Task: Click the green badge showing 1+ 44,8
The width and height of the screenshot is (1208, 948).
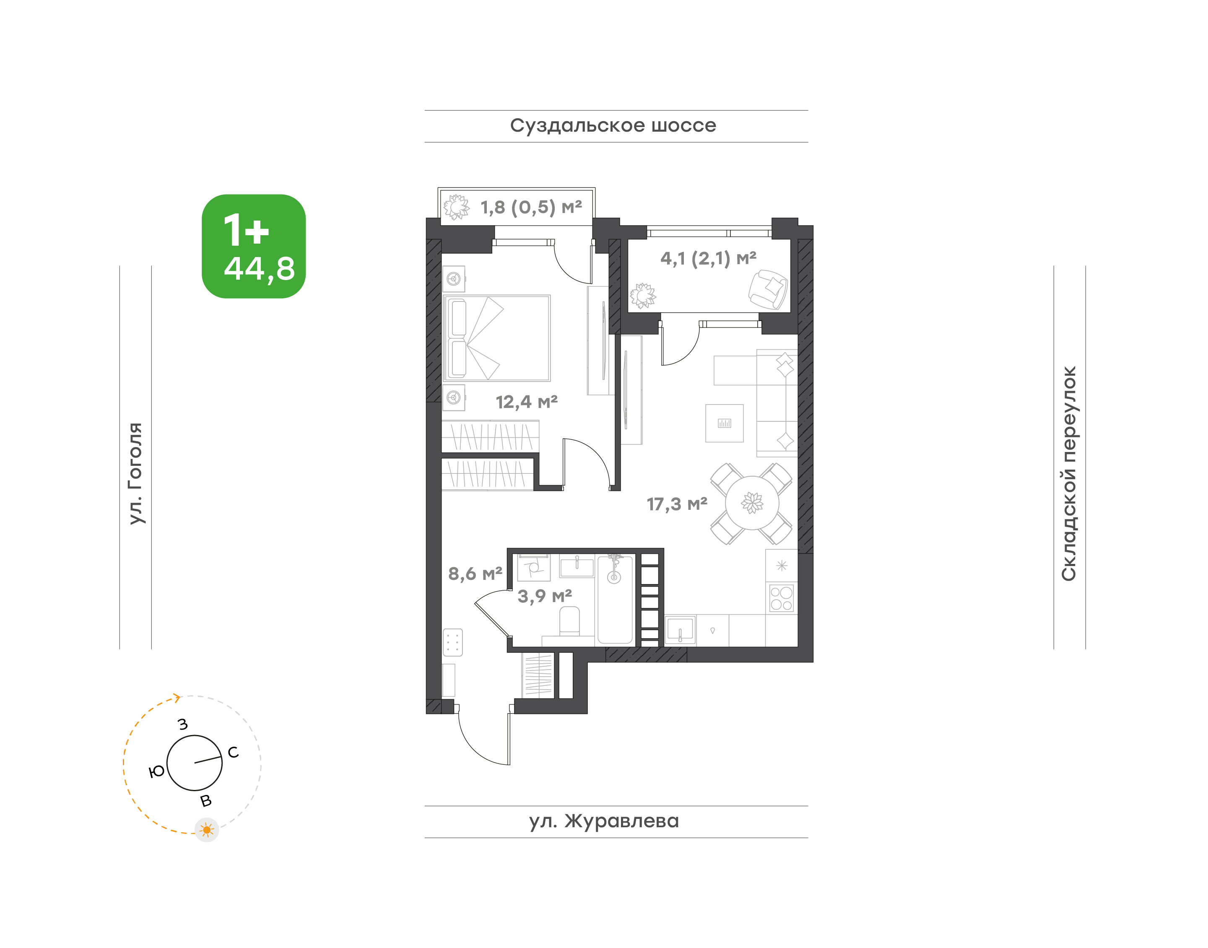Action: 254,247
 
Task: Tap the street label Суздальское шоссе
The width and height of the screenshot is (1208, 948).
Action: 613,126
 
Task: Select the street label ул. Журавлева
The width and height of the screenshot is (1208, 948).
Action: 604,821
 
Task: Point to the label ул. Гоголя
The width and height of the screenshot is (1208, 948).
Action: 135,473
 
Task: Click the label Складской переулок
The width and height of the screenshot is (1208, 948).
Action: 1069,473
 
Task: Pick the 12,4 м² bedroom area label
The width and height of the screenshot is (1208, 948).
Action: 526,402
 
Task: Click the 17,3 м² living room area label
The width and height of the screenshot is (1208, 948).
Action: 677,504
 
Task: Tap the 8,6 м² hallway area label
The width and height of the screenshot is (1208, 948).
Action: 475,573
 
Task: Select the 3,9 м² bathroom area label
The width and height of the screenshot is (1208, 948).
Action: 545,596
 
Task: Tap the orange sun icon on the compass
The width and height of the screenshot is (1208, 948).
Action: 207,830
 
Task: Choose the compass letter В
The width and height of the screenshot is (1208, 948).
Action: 206,801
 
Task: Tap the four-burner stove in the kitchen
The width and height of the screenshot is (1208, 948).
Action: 782,598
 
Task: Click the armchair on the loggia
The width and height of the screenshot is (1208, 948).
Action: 768,290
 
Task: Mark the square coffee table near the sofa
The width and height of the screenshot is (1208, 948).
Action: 725,423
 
